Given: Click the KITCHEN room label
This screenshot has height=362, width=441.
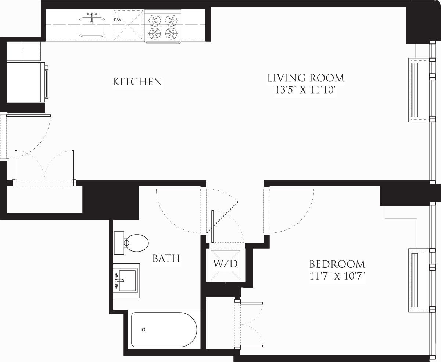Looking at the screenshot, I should (137, 82).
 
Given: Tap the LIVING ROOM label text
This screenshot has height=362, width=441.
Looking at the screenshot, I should (305, 78).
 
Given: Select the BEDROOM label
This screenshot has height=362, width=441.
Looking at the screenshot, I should (337, 264).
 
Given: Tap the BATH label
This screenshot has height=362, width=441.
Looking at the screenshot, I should (166, 259).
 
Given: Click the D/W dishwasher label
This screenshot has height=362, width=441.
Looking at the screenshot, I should (117, 20).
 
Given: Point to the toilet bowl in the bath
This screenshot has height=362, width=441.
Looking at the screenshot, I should (137, 243).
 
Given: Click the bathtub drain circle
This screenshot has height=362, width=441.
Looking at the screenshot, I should (144, 330).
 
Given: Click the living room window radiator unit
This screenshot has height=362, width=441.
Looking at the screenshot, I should (419, 90).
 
